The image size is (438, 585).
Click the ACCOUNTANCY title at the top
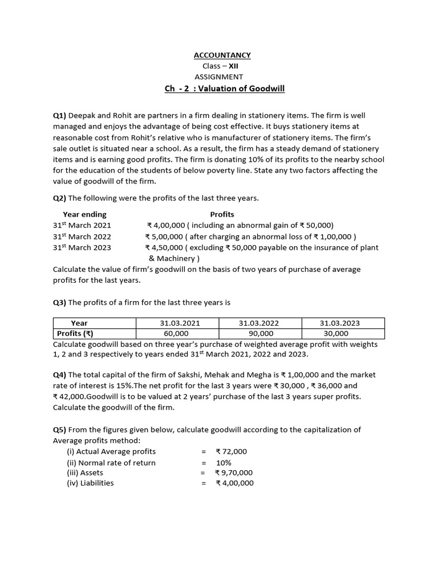point(222,55)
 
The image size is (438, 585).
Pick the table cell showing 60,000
point(176,334)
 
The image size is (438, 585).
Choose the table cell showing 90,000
point(261,334)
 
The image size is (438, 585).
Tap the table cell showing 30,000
point(335,334)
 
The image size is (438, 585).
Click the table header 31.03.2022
point(261,323)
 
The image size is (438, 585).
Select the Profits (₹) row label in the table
point(75,334)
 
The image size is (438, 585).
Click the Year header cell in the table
point(79,323)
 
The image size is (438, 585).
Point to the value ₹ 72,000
point(232,451)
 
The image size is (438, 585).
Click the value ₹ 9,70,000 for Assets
point(234,472)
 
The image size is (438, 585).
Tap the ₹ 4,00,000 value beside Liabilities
point(234,483)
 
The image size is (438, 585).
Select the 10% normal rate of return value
point(224,462)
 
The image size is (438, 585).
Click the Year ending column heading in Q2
point(84,215)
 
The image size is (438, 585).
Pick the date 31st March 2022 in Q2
point(82,237)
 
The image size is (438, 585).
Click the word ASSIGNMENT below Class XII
point(218,77)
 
